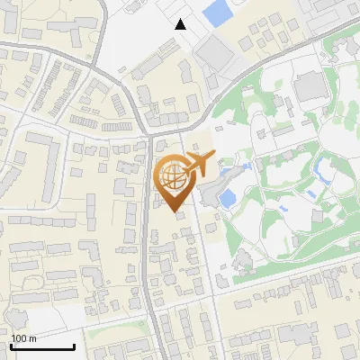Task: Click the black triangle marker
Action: click(x=181, y=24)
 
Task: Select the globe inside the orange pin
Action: click(x=172, y=175)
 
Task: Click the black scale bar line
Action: click(x=42, y=346)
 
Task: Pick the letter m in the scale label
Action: click(x=32, y=338)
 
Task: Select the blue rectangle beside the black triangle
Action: click(x=216, y=13)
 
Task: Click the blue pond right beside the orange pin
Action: click(x=227, y=196)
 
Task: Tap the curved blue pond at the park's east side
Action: click(x=320, y=167)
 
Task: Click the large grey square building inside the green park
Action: click(x=310, y=86)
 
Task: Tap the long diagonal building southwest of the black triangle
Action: click(x=155, y=62)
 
